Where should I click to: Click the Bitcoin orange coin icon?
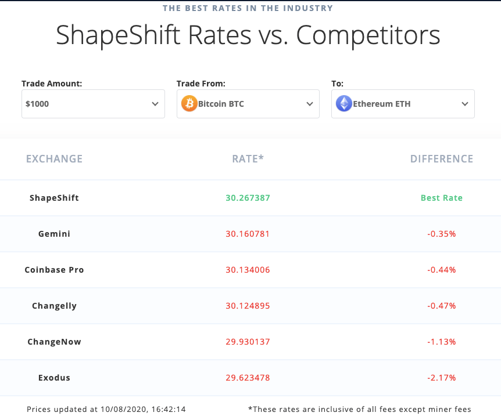point(189,104)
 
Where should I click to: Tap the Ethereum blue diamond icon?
point(344,104)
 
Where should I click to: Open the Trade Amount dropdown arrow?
point(155,104)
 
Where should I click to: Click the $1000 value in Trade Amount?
point(37,104)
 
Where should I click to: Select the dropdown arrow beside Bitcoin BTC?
point(310,104)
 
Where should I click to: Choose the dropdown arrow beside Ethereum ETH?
point(465,104)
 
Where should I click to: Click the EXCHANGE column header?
point(55,159)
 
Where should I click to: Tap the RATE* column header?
point(248,159)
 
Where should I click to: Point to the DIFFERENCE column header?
point(442,159)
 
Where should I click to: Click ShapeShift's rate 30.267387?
point(248,198)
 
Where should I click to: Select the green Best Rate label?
point(442,198)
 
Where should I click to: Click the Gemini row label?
point(54,234)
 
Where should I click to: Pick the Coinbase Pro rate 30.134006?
point(248,270)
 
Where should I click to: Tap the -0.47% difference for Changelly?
point(442,306)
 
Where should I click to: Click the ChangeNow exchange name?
point(54,342)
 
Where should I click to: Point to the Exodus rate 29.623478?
point(248,378)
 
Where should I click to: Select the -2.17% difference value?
point(442,378)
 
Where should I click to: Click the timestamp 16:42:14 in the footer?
point(168,409)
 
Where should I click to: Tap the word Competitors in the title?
point(368,35)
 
